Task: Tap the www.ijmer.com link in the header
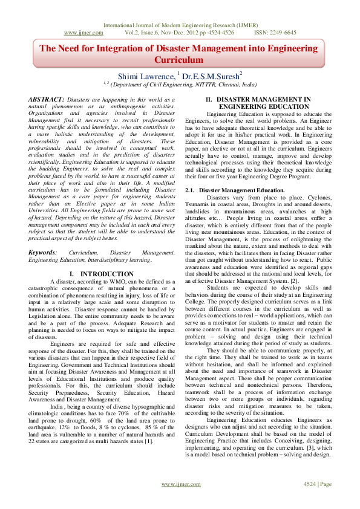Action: click(x=82, y=33)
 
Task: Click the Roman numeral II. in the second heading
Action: click(x=209, y=99)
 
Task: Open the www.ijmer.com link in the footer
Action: click(x=180, y=501)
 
